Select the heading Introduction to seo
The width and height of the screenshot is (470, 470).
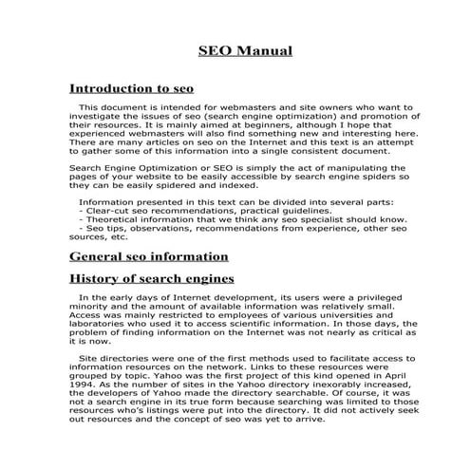132,87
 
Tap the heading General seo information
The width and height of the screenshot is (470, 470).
149,256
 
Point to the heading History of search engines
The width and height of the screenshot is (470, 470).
153,279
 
